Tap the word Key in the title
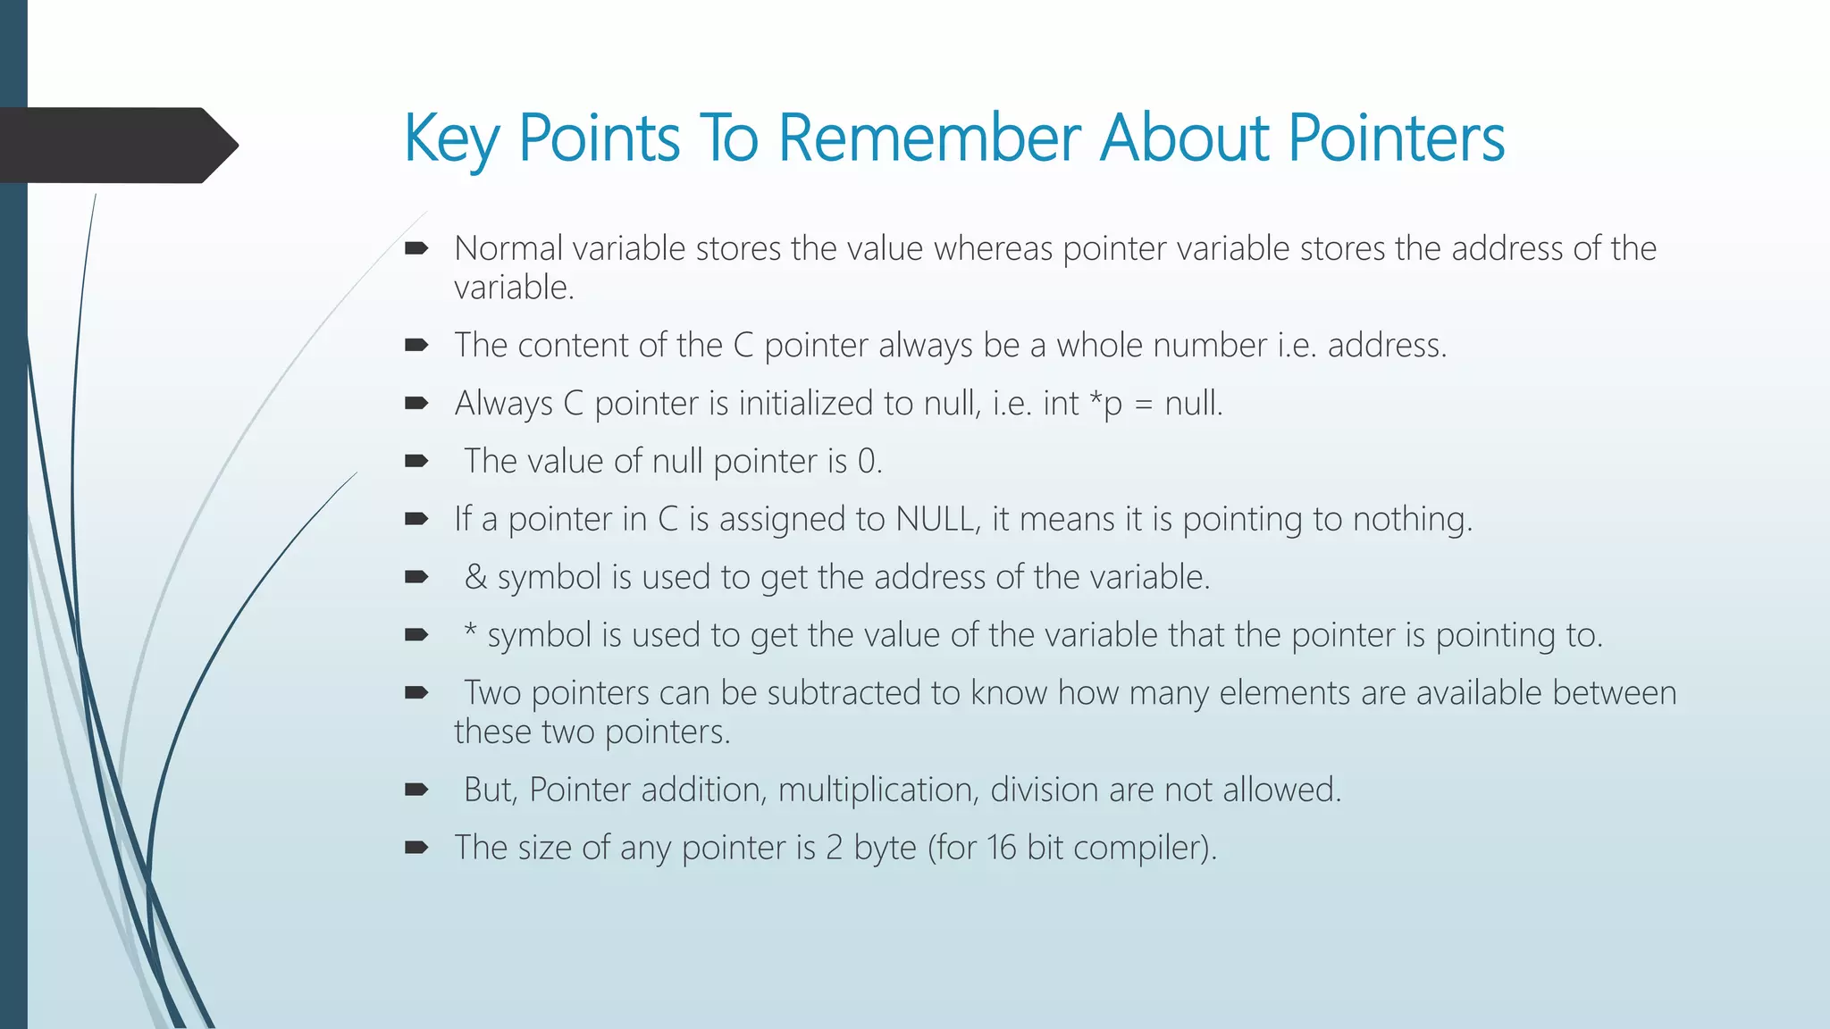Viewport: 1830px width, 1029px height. click(x=451, y=139)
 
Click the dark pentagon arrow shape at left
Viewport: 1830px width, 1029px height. click(x=116, y=145)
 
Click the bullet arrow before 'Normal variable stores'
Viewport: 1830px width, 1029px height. click(x=416, y=248)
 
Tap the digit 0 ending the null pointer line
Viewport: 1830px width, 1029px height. click(x=866, y=461)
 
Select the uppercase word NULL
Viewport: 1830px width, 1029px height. click(x=935, y=519)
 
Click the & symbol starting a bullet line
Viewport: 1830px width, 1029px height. click(x=475, y=577)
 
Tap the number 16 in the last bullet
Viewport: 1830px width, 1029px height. click(x=1002, y=848)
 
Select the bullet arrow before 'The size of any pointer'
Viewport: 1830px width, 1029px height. click(x=416, y=848)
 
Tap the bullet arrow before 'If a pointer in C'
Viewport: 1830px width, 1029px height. click(x=416, y=519)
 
